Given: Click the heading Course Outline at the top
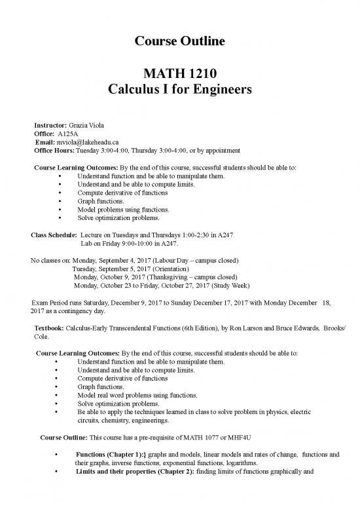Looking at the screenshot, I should coord(180,41).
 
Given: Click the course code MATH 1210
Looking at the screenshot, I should coord(180,75).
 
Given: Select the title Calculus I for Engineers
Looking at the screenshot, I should coord(180,92).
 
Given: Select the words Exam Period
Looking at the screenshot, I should coord(52,303).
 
